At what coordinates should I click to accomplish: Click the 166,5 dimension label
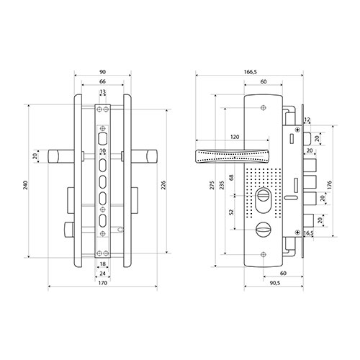click(250, 72)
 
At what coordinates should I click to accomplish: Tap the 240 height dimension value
click(26, 185)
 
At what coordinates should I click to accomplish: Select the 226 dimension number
click(163, 185)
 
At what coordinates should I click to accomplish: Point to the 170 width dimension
click(102, 283)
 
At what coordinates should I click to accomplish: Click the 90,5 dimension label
click(275, 283)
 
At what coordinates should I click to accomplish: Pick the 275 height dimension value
click(212, 185)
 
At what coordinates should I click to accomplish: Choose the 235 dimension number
click(222, 185)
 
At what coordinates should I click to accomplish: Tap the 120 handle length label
click(235, 137)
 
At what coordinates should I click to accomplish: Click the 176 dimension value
click(329, 185)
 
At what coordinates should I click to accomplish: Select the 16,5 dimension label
click(309, 233)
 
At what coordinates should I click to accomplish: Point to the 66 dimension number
click(102, 81)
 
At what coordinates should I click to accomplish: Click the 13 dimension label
click(102, 91)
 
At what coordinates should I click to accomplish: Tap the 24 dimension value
click(102, 274)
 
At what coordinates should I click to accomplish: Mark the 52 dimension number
click(231, 212)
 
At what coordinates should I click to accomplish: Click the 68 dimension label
click(231, 178)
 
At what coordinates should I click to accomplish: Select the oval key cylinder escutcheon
click(264, 200)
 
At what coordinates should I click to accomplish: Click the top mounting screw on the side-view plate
click(264, 108)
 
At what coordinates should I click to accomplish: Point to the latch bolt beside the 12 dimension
click(307, 139)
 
